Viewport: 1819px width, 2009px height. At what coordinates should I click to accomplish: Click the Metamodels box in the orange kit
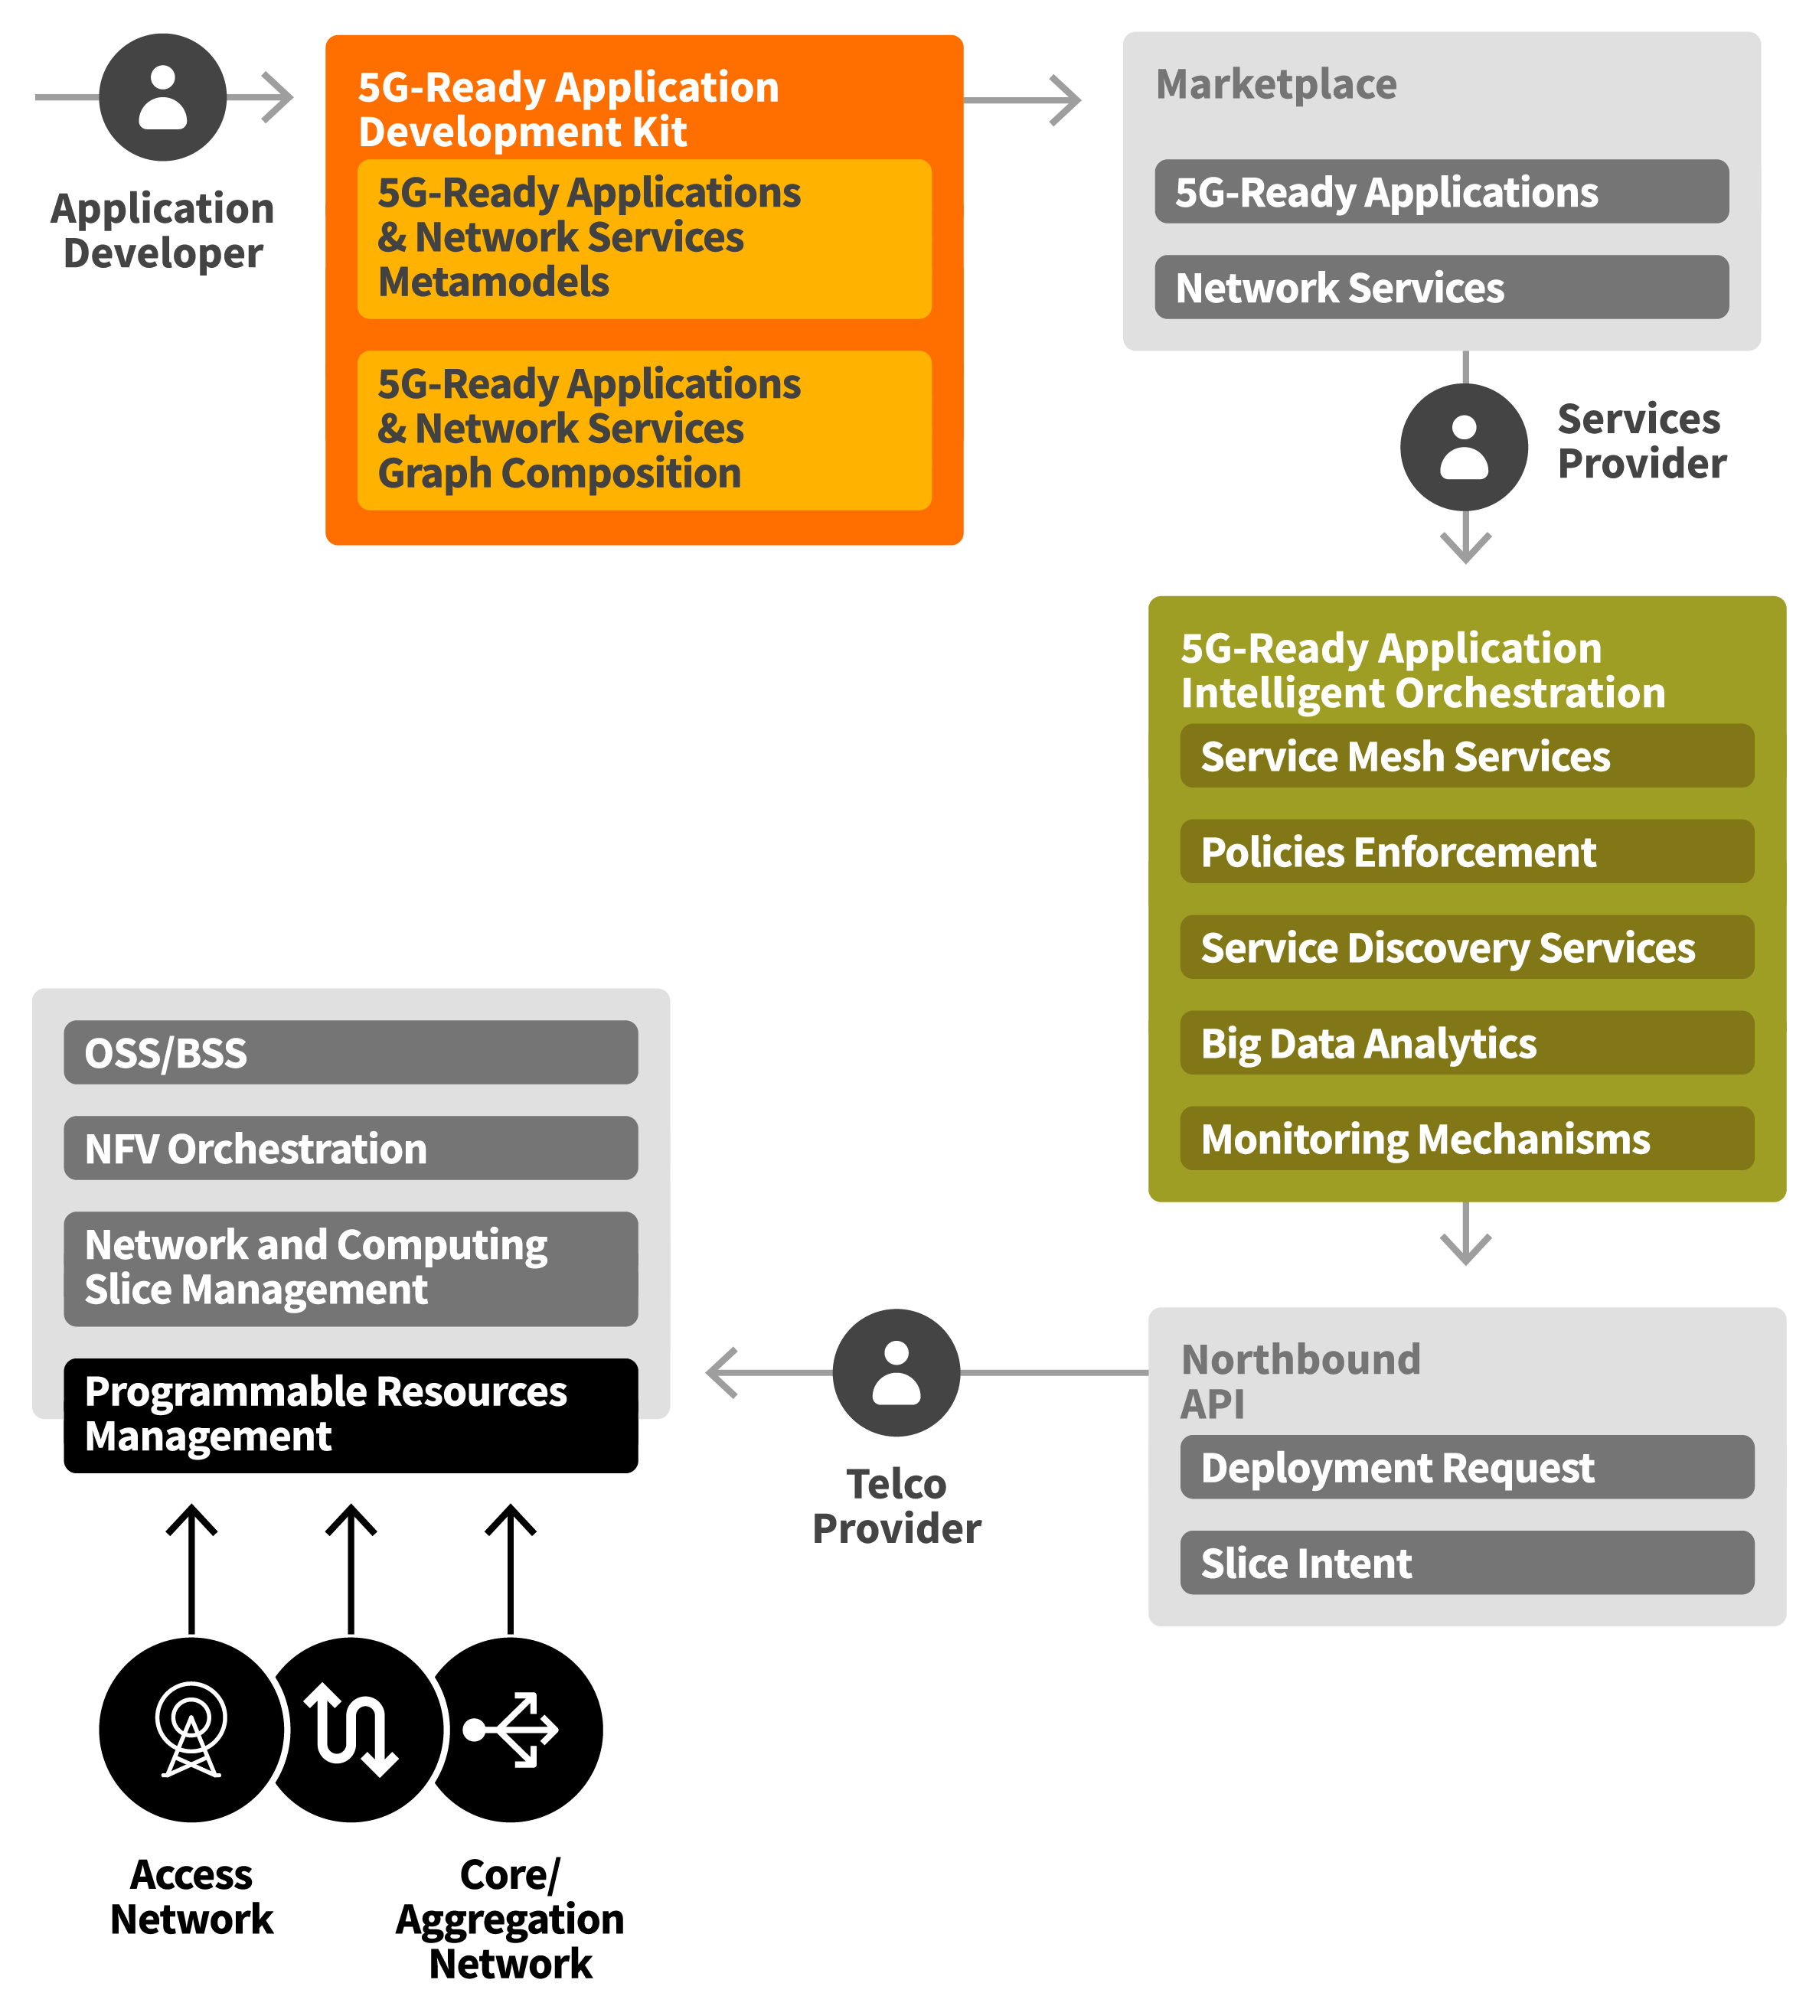click(644, 238)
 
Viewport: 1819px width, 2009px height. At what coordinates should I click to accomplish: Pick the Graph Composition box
click(644, 429)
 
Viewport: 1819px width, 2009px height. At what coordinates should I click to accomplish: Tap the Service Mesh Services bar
click(1466, 755)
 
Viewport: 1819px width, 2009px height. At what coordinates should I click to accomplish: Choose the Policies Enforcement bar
click(1466, 851)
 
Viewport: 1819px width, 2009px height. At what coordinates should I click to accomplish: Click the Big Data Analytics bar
click(1466, 1042)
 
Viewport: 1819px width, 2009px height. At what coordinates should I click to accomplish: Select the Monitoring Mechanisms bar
click(1466, 1138)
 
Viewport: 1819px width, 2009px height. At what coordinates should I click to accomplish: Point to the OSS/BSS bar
click(351, 1052)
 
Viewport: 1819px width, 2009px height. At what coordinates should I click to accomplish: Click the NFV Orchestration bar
click(351, 1147)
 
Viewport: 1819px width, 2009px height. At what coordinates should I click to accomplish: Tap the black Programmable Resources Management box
click(351, 1414)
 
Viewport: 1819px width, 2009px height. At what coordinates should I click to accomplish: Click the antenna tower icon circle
click(191, 1729)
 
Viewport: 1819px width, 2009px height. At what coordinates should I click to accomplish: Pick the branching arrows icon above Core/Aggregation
click(511, 1729)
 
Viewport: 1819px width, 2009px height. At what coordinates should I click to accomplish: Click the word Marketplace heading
click(1275, 83)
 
